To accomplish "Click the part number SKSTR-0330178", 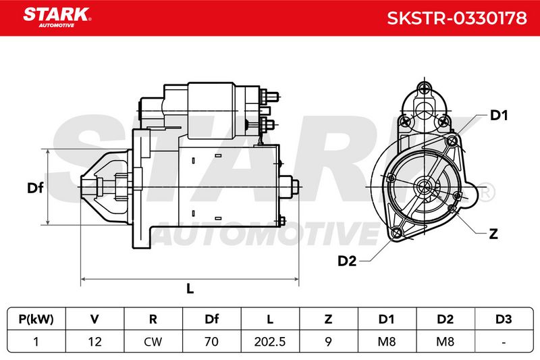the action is (x=457, y=18).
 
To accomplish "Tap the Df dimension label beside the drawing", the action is (x=35, y=188).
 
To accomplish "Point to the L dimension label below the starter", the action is (x=190, y=288).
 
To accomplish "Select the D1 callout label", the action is (x=499, y=115).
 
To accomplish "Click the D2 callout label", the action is (x=347, y=261).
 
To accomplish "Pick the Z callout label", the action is (x=493, y=234).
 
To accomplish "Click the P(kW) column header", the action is (x=36, y=319).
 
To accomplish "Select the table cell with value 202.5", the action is (x=270, y=341).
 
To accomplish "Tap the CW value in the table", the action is (x=153, y=341).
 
